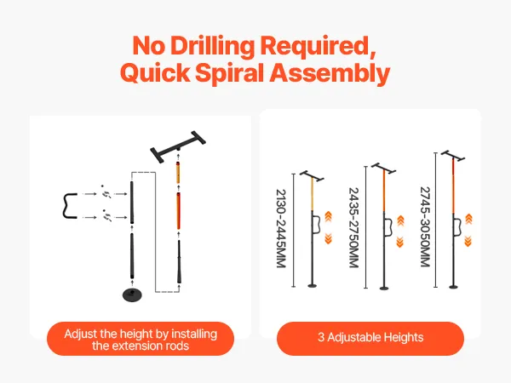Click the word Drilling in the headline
pos(212,46)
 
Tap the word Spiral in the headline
pos(232,72)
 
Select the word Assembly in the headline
pos(330,72)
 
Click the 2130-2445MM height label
pos(281,228)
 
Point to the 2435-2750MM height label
pos(354,227)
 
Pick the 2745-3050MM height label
pos(425,226)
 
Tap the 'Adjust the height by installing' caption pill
pos(141,339)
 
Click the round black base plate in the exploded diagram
pos(132,294)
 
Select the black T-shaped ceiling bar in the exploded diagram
pos(178,147)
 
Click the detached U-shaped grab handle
pos(70,205)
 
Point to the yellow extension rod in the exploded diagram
pos(178,173)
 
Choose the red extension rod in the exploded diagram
pos(179,211)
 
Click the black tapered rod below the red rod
pos(179,262)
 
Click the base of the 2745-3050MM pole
pos(453,287)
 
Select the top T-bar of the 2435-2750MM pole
pos(383,168)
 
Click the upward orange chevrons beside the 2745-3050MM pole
pos(468,219)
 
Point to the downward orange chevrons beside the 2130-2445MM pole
pos(329,239)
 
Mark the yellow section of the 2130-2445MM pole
pos(313,194)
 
